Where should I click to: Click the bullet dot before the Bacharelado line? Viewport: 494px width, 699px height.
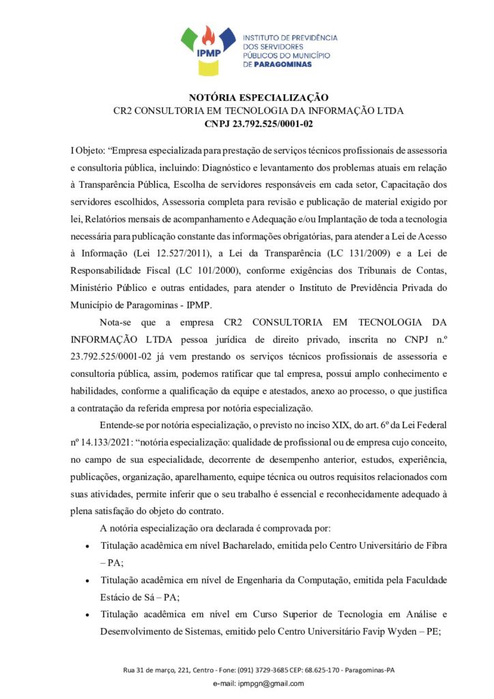86,547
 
